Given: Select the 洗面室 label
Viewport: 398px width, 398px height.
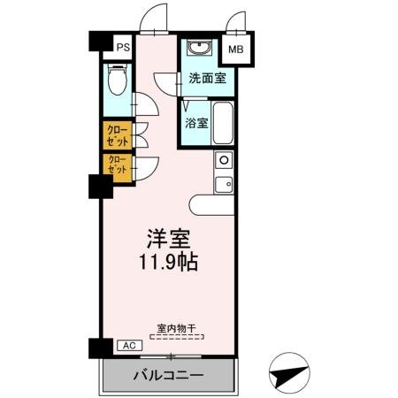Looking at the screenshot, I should (x=206, y=78).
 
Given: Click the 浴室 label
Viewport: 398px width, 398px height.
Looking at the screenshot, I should (x=196, y=124).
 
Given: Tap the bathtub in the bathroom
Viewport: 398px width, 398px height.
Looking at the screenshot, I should (x=222, y=125).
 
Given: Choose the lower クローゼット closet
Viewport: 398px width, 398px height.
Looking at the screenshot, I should (x=117, y=165).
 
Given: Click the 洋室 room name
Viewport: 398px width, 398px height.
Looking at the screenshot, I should (x=168, y=240).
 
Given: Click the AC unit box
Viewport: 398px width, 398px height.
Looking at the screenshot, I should (x=126, y=345).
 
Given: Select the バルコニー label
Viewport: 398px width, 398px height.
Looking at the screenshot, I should (x=169, y=374).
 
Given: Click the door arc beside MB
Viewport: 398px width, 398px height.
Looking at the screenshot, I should (x=236, y=22).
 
